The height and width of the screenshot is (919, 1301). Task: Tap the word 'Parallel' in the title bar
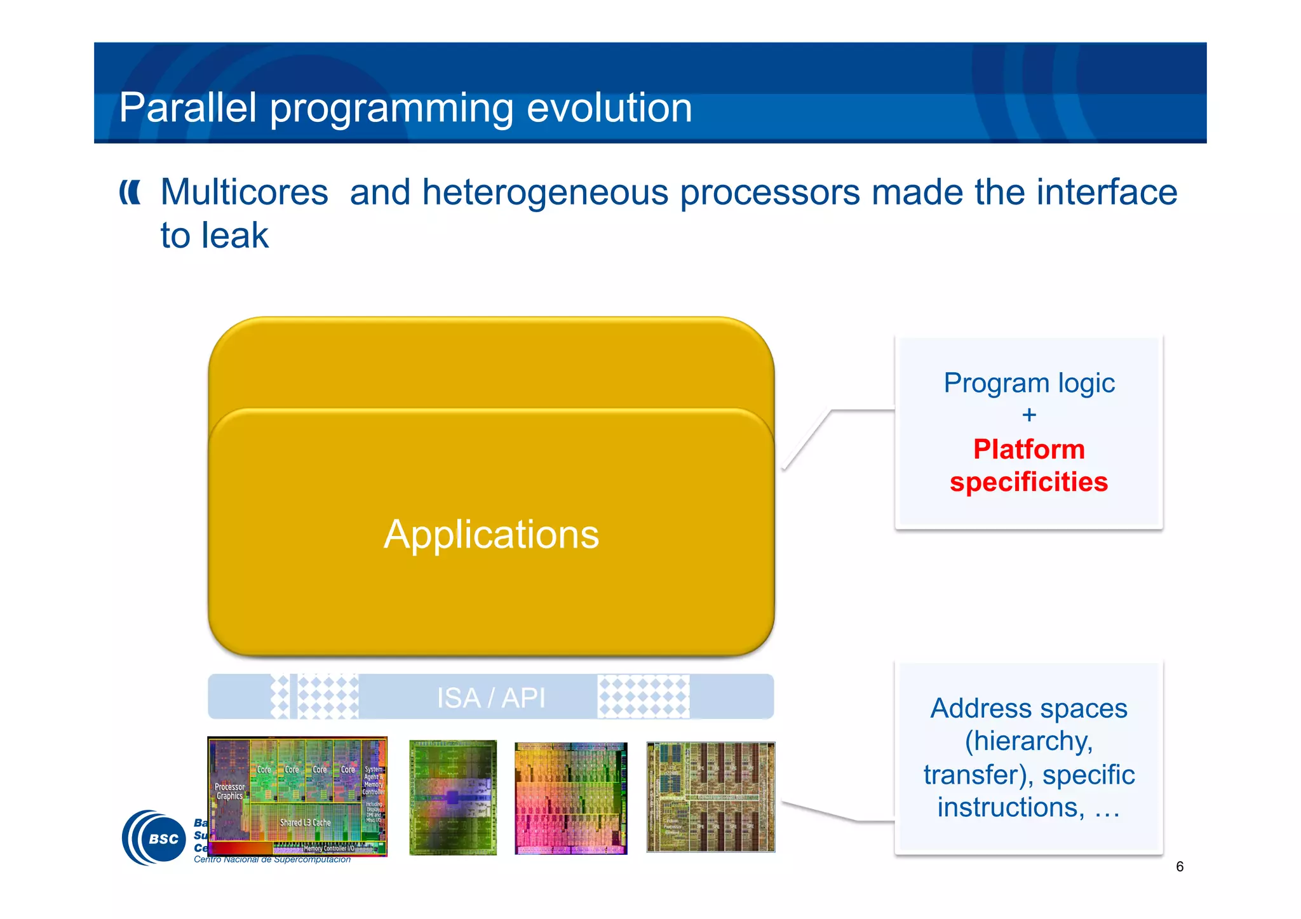click(187, 108)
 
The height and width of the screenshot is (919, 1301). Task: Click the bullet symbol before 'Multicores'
click(130, 192)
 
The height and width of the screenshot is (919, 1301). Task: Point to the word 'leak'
click(235, 236)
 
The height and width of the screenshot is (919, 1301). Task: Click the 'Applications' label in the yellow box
click(491, 535)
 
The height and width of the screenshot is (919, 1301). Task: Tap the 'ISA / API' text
click(490, 698)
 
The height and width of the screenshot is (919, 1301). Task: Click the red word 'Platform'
click(1028, 450)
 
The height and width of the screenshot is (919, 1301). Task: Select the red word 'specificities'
click(1028, 482)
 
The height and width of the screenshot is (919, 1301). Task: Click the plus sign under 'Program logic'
click(1029, 415)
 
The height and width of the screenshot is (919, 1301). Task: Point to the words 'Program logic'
click(1029, 383)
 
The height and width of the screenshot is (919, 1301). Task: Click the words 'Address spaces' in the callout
click(1028, 708)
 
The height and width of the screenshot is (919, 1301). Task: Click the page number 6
click(1180, 866)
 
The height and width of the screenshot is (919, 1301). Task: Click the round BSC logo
click(154, 838)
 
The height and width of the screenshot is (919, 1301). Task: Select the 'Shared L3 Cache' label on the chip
click(306, 822)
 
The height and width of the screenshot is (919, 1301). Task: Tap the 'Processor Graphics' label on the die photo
click(229, 791)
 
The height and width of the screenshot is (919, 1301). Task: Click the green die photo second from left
click(453, 798)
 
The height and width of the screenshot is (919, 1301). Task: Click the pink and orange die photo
click(570, 798)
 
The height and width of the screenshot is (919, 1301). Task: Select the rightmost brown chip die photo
click(710, 797)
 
